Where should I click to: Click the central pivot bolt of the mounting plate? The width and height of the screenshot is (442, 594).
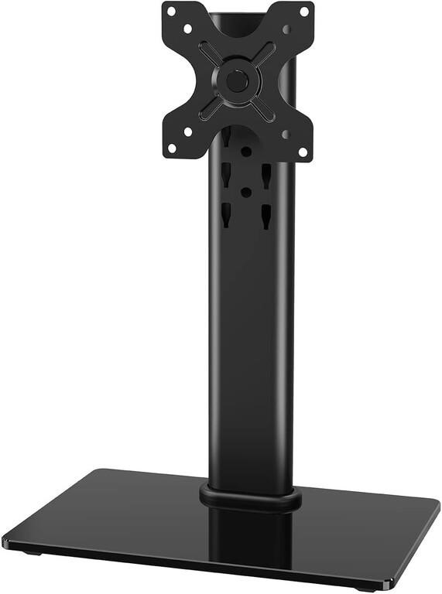pos(238,80)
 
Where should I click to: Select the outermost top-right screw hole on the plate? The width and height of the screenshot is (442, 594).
pos(303,12)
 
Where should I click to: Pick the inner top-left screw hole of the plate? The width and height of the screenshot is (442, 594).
pos(187,28)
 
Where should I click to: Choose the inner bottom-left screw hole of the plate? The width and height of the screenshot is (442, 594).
pos(187,131)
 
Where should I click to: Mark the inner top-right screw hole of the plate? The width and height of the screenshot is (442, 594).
pos(287,29)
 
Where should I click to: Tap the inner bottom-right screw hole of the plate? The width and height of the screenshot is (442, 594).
pos(287,133)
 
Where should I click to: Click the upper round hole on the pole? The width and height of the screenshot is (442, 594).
pos(245,152)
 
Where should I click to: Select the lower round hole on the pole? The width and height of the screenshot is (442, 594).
pos(245,191)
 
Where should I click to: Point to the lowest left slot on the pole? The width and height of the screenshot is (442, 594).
pos(225,215)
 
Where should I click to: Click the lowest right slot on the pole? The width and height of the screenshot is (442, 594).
pos(266,216)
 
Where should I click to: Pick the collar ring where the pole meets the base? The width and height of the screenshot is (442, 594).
pos(250,497)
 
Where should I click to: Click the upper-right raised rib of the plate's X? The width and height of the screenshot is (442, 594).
pos(262,56)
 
